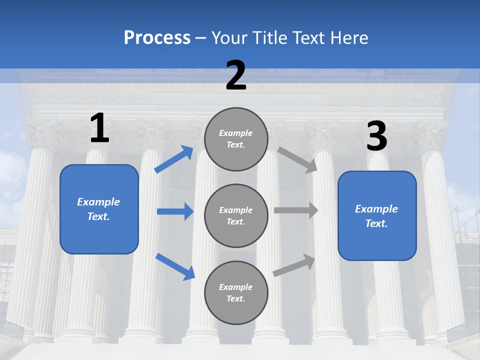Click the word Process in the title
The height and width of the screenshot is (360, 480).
pos(157,37)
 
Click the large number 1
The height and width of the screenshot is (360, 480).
pos(99,128)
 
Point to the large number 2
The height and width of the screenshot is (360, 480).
pos(236,75)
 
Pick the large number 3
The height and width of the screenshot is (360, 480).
pos(376,136)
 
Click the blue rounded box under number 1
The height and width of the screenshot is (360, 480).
pos(99,209)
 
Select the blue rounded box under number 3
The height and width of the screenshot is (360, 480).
pos(377,215)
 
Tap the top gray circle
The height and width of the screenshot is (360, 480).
pos(236,139)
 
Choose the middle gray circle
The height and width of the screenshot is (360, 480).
pos(236,215)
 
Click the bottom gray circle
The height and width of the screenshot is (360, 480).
pos(236,292)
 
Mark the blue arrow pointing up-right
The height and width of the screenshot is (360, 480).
pos(174,159)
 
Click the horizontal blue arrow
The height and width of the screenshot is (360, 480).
pos(175,211)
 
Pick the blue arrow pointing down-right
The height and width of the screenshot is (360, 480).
pos(175,266)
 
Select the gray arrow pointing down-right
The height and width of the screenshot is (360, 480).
pos(297,159)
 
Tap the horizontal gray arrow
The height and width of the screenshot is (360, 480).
pos(296,210)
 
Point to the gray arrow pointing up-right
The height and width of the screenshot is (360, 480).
pos(294,264)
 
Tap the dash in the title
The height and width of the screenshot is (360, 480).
pos(200,38)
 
